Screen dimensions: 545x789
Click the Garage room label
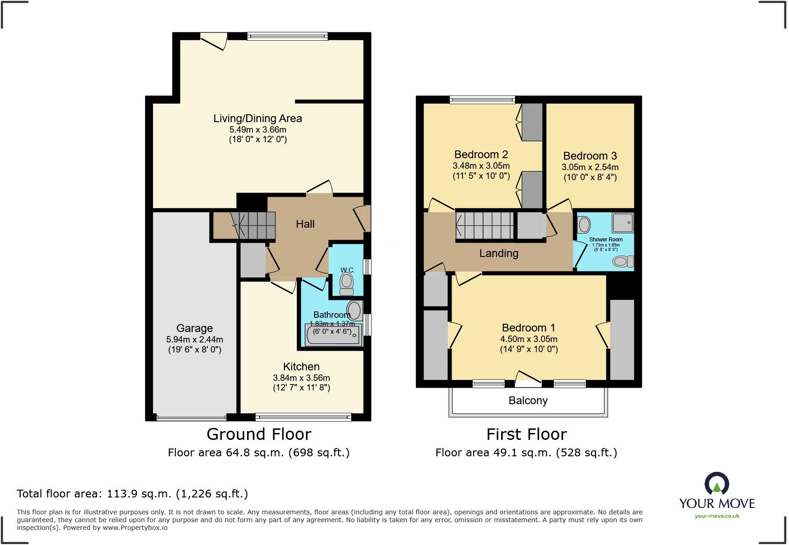(x=195, y=328)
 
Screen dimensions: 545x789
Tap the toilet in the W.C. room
(x=347, y=283)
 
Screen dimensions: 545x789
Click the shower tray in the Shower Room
(x=623, y=223)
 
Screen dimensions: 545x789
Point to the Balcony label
(x=528, y=401)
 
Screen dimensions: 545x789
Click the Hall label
(x=305, y=224)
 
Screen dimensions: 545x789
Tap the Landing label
(x=499, y=253)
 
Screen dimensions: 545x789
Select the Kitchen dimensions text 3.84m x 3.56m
(x=301, y=378)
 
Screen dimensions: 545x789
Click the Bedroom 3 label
(x=590, y=156)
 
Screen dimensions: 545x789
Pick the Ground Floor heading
(x=259, y=434)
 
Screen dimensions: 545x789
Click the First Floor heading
(x=526, y=434)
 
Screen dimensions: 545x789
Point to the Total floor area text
(x=132, y=494)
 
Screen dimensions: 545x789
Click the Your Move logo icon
(x=716, y=484)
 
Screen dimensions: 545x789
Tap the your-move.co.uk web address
(x=717, y=516)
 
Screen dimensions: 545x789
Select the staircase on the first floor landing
(x=484, y=226)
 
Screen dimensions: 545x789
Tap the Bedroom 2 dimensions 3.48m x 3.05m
(x=481, y=166)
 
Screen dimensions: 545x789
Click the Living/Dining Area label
(x=258, y=118)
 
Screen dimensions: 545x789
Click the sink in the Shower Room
(x=584, y=224)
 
